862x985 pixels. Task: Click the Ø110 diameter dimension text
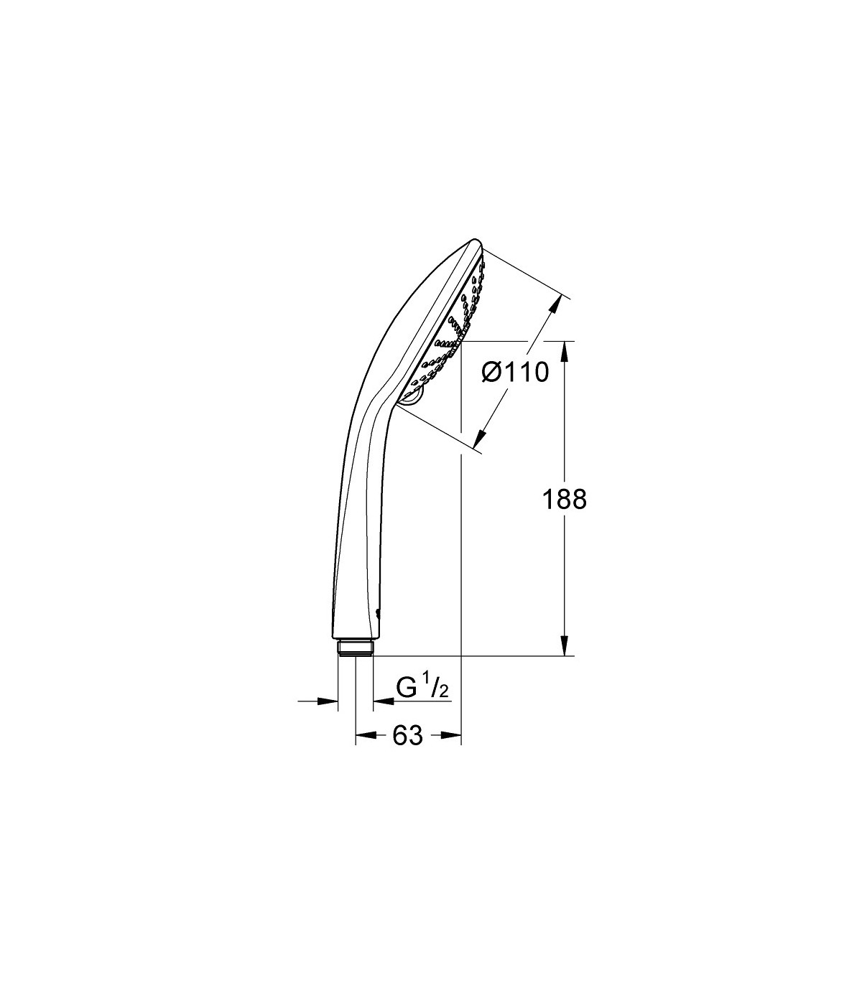[515, 372]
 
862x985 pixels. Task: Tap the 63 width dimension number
[407, 749]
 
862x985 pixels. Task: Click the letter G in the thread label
[406, 688]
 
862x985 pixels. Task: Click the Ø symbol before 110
[493, 372]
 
